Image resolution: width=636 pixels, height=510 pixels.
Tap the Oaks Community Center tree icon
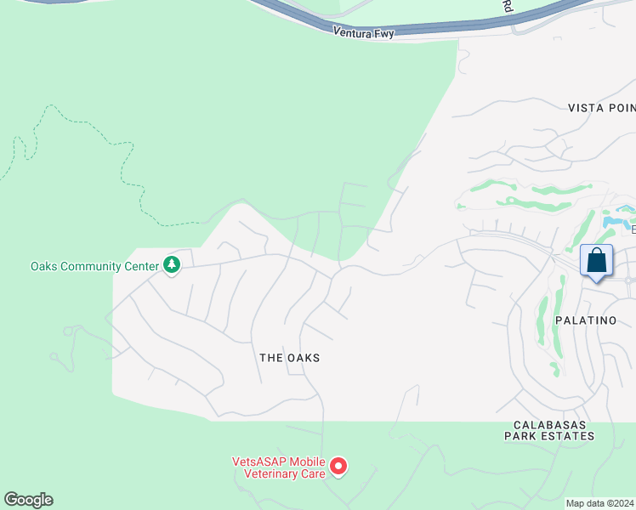(x=172, y=266)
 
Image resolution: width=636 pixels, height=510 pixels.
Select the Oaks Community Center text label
(x=94, y=266)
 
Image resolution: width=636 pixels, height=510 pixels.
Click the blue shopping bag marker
(x=597, y=260)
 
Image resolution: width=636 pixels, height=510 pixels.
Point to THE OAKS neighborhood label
(x=290, y=358)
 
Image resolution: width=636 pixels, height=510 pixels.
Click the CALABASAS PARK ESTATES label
(x=548, y=429)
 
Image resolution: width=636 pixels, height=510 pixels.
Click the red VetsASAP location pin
(x=338, y=467)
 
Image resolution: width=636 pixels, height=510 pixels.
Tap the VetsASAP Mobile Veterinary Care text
(x=279, y=467)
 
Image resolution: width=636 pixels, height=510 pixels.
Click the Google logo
(x=28, y=500)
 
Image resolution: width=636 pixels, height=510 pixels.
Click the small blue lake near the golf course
(x=614, y=222)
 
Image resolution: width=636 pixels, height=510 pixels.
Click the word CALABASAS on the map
(x=548, y=423)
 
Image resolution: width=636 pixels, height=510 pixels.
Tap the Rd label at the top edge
(x=508, y=6)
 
